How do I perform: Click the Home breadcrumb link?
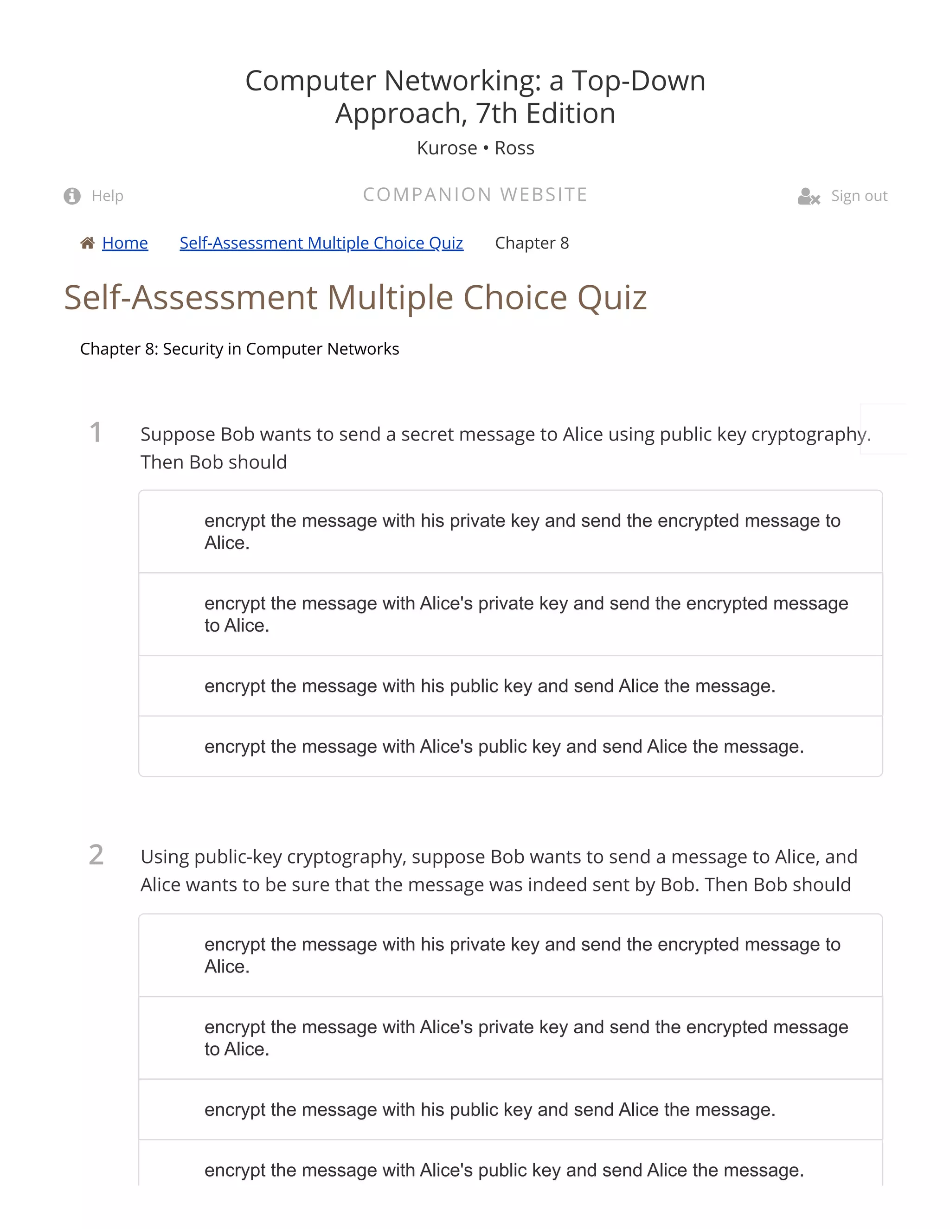point(125,243)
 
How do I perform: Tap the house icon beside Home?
point(87,243)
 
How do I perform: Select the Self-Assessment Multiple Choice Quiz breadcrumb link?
point(321,243)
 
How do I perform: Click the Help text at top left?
point(108,196)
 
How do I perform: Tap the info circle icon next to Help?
point(72,196)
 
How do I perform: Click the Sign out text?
point(859,196)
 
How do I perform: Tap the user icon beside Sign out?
point(808,196)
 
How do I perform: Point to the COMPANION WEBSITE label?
point(475,195)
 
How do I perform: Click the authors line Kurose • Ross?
point(475,148)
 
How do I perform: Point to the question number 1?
point(96,433)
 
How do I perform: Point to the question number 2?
point(96,855)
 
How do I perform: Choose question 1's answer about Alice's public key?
point(504,746)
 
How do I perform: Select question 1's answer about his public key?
point(490,686)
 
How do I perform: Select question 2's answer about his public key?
point(490,1110)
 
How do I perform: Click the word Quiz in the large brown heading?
point(612,297)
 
